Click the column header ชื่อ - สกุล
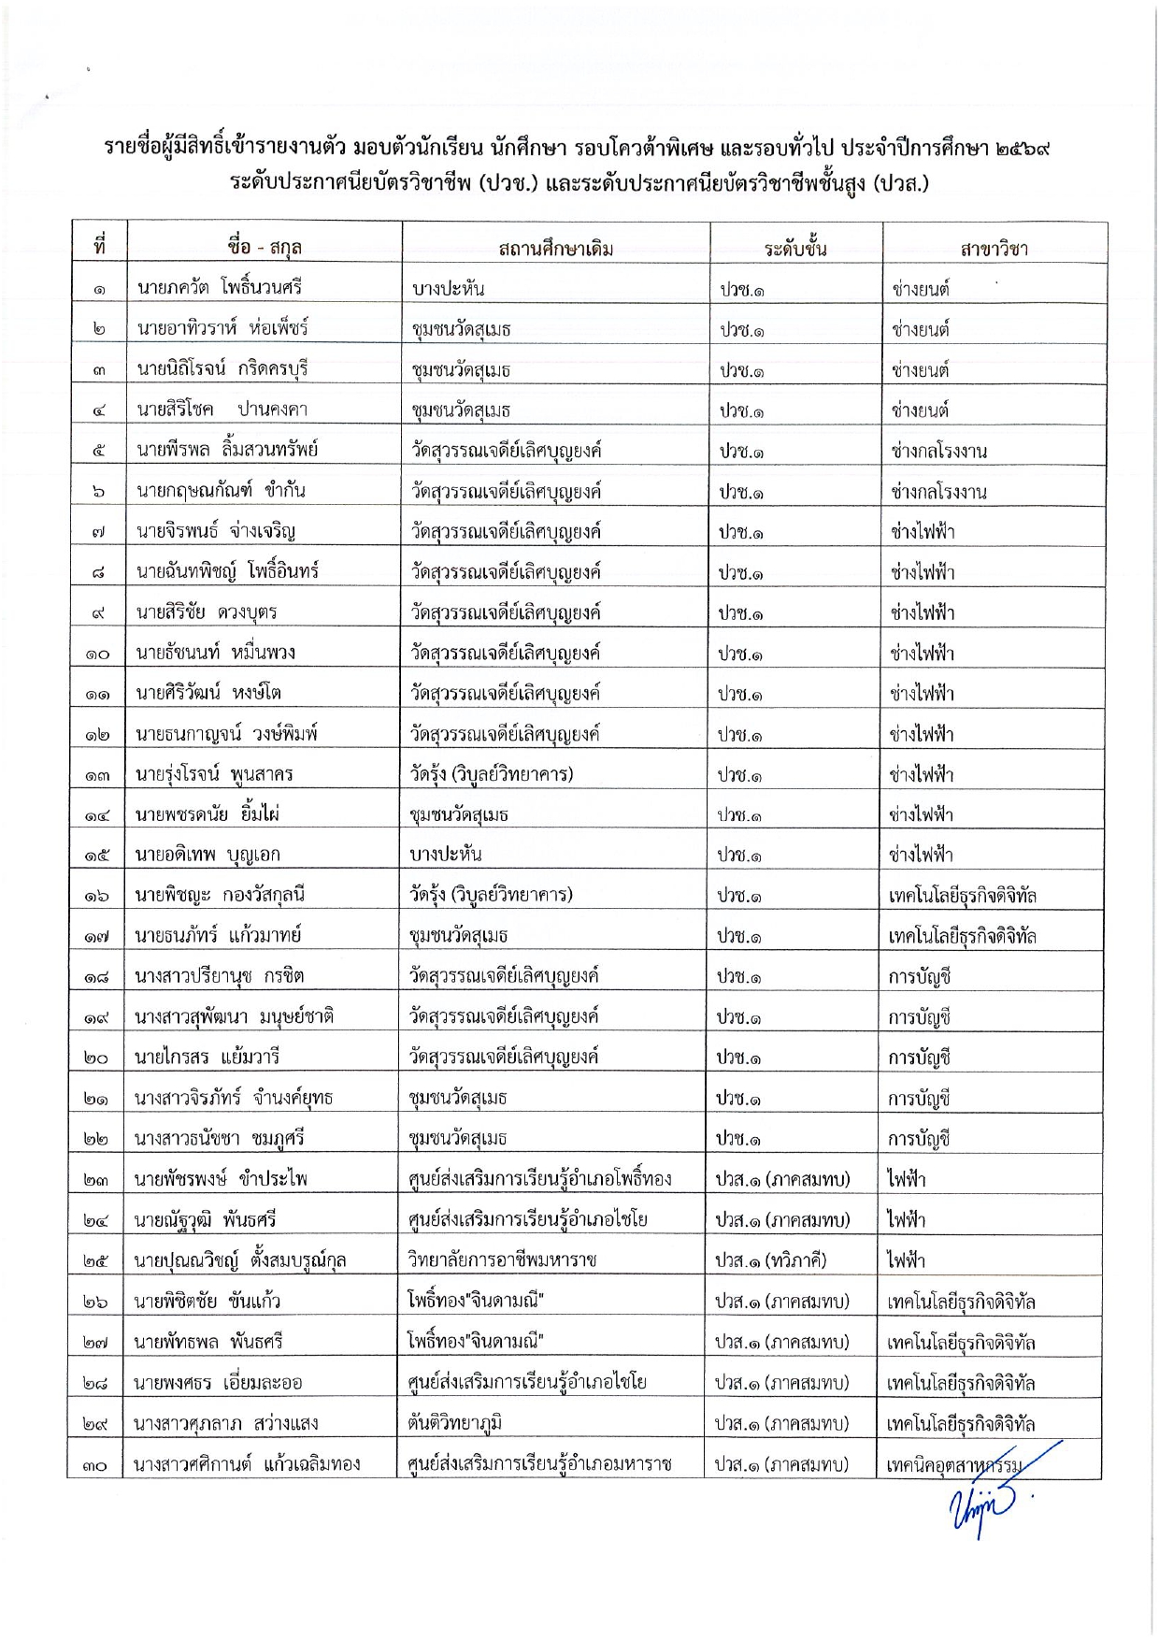coord(264,247)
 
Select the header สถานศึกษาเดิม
coord(555,249)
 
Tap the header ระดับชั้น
coord(794,249)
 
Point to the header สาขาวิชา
coord(994,249)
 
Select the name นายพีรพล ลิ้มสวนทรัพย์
coord(227,449)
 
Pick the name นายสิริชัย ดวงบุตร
coord(207,612)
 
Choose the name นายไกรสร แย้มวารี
coord(207,1058)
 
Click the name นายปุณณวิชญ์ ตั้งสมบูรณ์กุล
coord(239,1260)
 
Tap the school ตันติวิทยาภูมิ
coord(454,1423)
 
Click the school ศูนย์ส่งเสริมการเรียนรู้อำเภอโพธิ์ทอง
coord(539,1179)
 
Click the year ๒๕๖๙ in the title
coord(1023,148)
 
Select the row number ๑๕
coord(97,856)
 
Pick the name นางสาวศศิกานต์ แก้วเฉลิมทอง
coord(247,1464)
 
